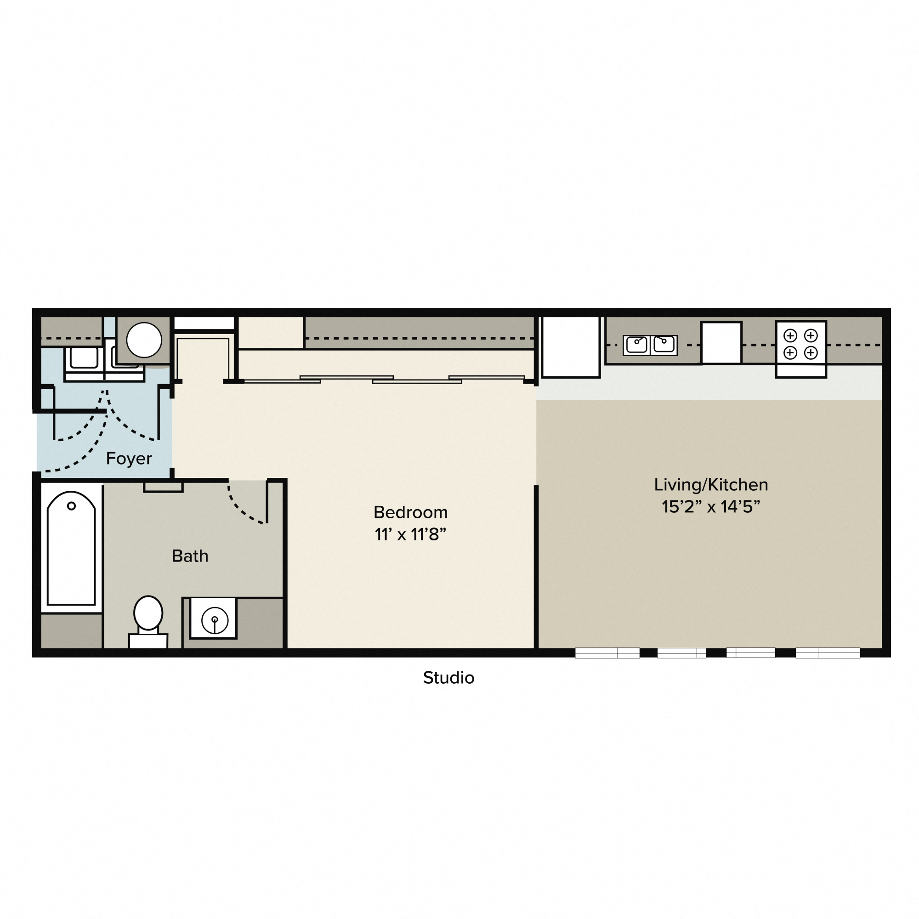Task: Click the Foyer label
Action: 129,459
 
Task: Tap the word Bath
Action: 190,556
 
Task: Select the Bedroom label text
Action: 410,512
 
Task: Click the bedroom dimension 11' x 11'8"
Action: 410,535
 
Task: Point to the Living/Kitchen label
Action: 711,485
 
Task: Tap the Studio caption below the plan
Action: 448,678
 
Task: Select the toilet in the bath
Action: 148,618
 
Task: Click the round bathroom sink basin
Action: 215,620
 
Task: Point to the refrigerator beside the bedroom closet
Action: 570,346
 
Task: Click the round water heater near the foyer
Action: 144,340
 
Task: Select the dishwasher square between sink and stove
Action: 721,342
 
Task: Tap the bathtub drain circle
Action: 71,506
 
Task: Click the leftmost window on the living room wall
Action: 607,652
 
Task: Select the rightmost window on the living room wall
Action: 828,652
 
